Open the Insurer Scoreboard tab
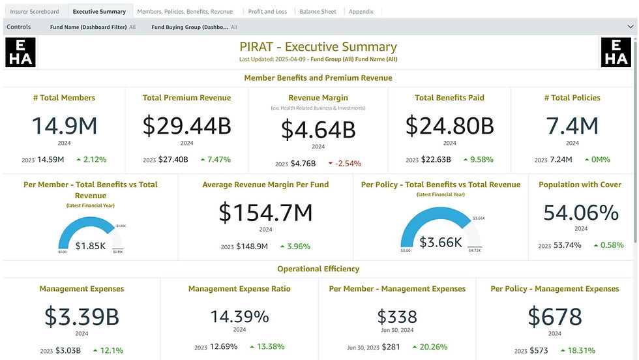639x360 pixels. (x=35, y=12)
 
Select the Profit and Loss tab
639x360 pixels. (x=267, y=12)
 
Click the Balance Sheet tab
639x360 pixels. (x=318, y=12)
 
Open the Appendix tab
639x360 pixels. (x=361, y=12)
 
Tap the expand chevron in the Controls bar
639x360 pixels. (x=630, y=27)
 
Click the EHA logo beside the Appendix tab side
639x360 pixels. (x=616, y=53)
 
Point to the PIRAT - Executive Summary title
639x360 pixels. (x=318, y=47)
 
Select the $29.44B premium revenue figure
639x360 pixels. (x=186, y=125)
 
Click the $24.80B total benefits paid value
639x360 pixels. (x=449, y=125)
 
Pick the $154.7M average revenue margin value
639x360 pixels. (x=265, y=212)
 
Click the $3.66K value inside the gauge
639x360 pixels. (x=441, y=242)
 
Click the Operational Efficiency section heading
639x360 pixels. (x=318, y=269)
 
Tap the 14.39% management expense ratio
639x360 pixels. (x=239, y=316)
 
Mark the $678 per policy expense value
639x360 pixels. (x=554, y=316)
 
